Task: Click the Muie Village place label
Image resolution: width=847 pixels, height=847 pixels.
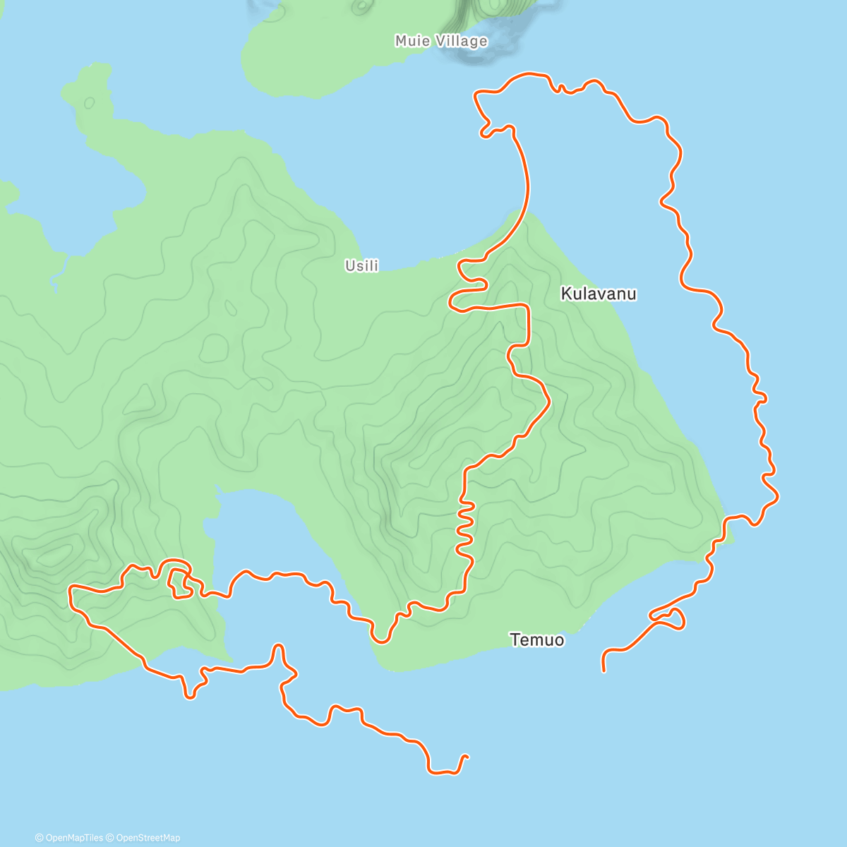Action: click(441, 41)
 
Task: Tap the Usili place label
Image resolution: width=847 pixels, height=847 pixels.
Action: click(361, 266)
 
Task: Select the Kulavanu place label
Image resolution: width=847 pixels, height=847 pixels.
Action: click(599, 294)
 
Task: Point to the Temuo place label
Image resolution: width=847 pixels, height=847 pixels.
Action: click(537, 640)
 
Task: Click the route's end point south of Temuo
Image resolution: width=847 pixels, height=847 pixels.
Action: click(604, 670)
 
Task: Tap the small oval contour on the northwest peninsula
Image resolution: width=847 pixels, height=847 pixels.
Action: click(89, 103)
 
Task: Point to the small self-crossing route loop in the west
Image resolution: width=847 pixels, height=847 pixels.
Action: click(179, 579)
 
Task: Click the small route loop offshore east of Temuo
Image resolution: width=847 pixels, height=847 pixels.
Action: click(671, 618)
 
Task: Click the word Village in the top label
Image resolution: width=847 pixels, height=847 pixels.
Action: click(462, 41)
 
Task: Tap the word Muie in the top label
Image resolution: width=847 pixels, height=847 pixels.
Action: click(412, 41)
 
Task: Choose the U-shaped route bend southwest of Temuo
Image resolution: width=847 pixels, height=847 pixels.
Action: click(382, 635)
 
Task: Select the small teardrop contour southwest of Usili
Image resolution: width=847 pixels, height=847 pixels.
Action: click(230, 308)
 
